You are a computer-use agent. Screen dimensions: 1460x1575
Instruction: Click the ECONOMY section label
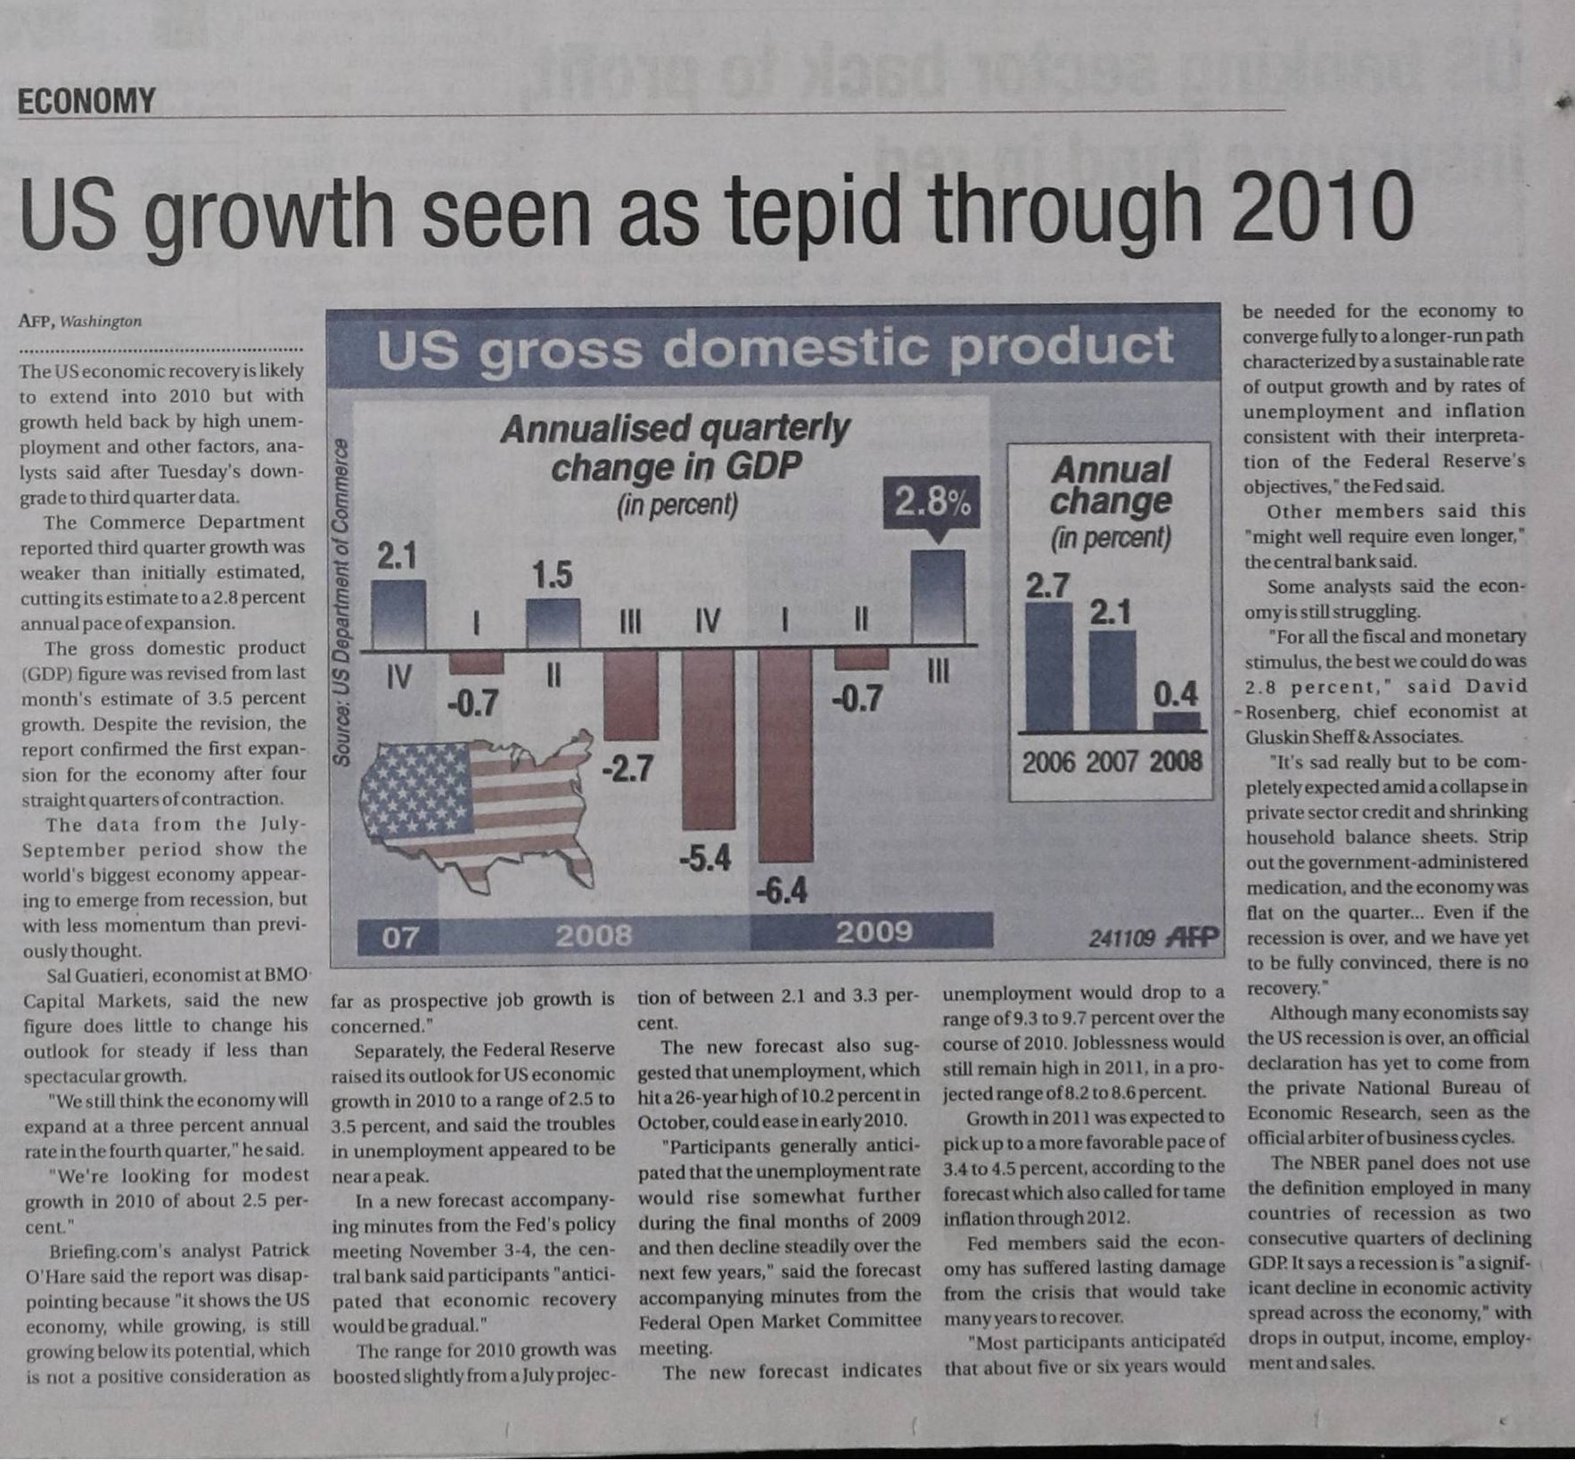coord(86,101)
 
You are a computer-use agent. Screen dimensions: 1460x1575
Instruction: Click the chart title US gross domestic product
coord(774,348)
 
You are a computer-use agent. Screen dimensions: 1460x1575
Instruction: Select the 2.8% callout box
coord(931,503)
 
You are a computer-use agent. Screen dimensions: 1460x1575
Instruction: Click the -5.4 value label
coord(704,858)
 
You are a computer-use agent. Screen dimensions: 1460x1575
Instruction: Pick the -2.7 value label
coord(628,768)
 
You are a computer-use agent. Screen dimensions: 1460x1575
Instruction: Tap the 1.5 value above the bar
coord(552,575)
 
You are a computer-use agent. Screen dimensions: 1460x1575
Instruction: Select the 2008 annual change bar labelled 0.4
coord(1177,721)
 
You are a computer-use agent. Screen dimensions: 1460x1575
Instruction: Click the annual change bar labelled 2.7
coord(1048,667)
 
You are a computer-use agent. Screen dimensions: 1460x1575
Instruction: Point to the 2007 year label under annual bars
coord(1112,762)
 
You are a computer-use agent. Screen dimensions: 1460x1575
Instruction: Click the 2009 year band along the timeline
coord(872,931)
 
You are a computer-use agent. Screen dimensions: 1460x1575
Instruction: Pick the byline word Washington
coord(101,321)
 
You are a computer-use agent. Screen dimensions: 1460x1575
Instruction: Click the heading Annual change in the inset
coord(1110,485)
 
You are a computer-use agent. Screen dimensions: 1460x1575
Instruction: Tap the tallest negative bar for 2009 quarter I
coord(784,755)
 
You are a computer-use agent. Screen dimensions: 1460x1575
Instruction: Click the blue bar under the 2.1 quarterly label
coord(398,614)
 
